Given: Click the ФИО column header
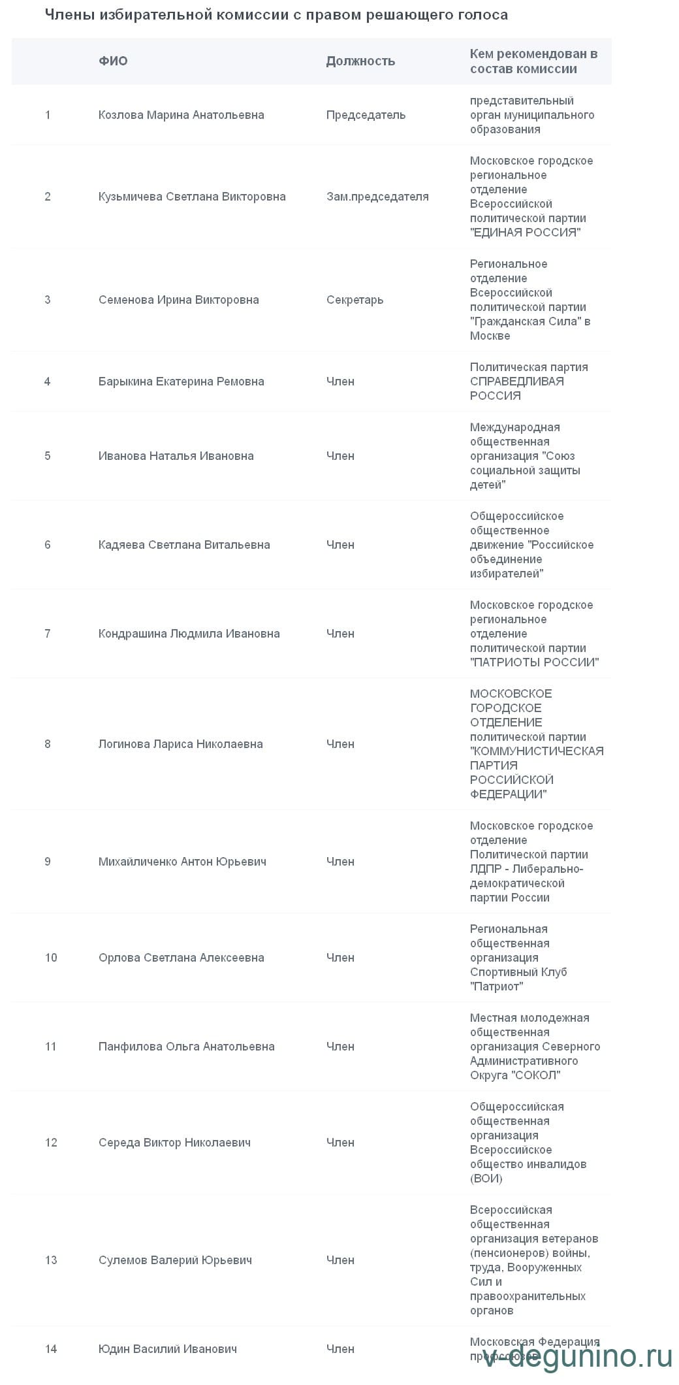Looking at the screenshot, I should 113,61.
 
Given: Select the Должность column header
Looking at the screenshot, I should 360,61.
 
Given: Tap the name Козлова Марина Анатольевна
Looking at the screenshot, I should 181,115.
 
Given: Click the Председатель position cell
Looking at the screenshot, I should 366,115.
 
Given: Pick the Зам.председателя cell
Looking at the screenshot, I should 377,197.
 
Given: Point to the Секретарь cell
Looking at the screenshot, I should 355,300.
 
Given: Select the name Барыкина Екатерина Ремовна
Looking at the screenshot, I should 181,382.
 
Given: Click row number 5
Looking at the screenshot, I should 48,456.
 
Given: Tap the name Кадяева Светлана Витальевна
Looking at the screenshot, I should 184,545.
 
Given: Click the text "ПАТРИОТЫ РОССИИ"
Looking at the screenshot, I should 534,662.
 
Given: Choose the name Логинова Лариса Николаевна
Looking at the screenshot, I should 180,744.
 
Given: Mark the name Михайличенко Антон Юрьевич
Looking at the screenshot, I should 182,862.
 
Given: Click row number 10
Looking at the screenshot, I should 51,958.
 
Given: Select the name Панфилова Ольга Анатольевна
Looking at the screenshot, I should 186,1047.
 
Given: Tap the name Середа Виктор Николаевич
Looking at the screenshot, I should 174,1143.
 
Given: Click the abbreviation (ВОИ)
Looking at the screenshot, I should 486,1179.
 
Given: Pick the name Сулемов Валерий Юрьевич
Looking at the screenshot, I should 175,1260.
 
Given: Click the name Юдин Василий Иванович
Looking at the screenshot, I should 167,1349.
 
